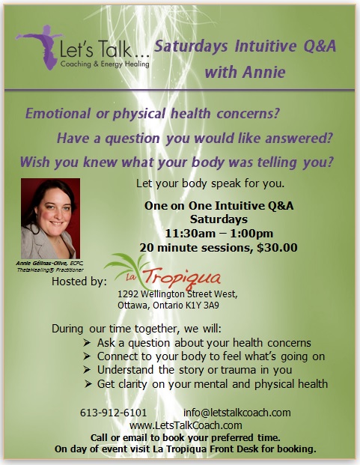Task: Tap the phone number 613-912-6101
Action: pos(114,413)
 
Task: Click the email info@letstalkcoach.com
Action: pos(237,413)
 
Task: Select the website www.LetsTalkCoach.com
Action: pos(186,425)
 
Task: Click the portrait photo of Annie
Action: pos(50,218)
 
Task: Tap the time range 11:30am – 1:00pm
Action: pos(219,234)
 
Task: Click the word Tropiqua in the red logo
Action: pos(182,278)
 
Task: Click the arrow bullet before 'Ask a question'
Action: pos(87,343)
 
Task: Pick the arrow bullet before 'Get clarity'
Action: pos(88,384)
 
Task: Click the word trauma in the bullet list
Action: pos(238,370)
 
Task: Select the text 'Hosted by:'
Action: pos(79,282)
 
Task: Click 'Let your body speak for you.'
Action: pos(210,183)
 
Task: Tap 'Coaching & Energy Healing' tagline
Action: pos(105,64)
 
